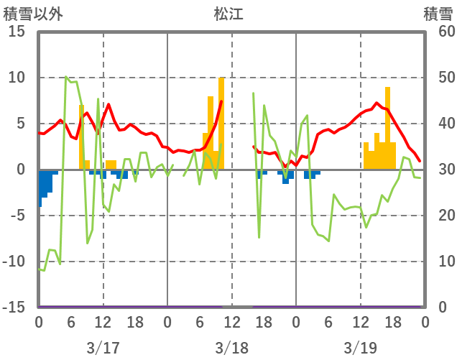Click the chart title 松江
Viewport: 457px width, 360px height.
click(228, 14)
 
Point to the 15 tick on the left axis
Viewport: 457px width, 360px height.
click(17, 32)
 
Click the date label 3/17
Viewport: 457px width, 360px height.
click(103, 349)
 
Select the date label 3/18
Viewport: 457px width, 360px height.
click(231, 349)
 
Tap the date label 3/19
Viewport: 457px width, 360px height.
click(360, 349)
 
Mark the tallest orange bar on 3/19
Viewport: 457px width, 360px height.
click(388, 129)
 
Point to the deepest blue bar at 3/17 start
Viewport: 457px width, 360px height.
click(40, 188)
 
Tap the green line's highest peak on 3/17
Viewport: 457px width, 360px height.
click(66, 77)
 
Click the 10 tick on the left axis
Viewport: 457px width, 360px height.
click(17, 78)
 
